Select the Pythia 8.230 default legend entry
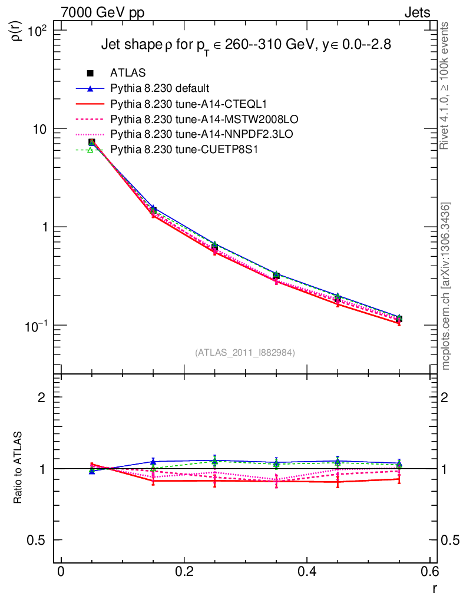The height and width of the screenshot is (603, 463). coord(160,88)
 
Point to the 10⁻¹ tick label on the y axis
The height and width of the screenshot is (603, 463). coord(40,325)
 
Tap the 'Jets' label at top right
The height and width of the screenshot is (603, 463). coord(416,12)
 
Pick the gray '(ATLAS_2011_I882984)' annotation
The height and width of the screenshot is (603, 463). coord(245,352)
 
